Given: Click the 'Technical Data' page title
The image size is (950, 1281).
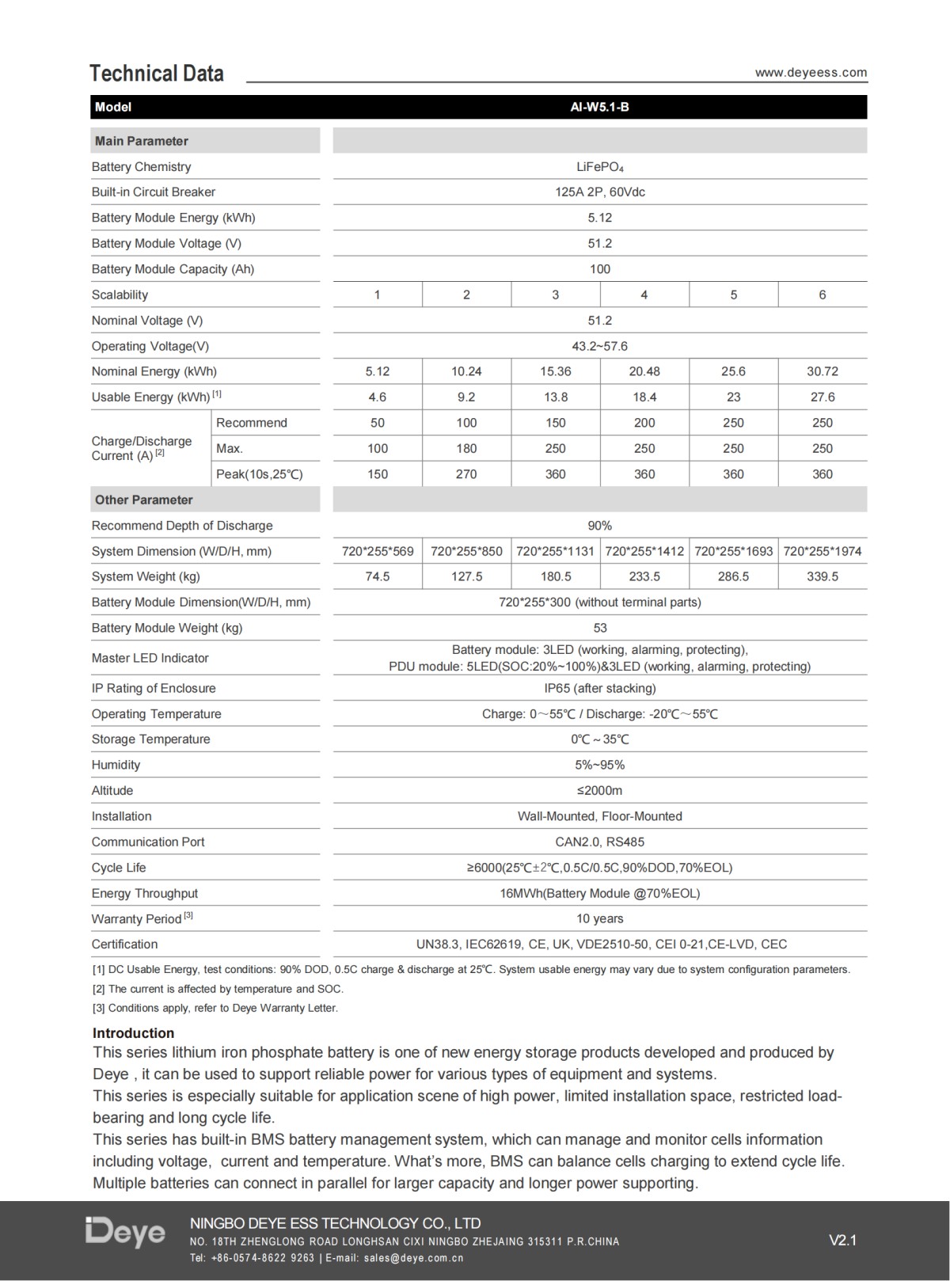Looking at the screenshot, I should click(157, 74).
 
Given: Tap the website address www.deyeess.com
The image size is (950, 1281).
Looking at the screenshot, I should click(811, 73).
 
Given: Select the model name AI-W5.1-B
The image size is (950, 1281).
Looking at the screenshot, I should click(599, 107).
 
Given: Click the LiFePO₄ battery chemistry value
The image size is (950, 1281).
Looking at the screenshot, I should click(599, 167).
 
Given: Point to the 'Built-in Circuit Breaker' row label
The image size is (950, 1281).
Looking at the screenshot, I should click(154, 192).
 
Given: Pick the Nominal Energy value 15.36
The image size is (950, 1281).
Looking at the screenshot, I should click(555, 371).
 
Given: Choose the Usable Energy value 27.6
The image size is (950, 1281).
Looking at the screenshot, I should click(822, 397).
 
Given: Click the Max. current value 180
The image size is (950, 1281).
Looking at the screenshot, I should click(466, 448).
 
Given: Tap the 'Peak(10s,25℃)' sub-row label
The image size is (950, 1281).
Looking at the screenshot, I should click(260, 474).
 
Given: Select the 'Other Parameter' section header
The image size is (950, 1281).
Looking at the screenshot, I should click(144, 500).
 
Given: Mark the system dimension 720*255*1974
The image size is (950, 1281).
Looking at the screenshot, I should click(822, 551).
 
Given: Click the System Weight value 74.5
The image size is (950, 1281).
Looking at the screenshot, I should click(378, 576).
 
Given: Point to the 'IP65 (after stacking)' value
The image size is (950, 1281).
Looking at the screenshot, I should click(599, 688).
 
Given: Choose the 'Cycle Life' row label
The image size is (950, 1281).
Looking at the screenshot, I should click(119, 868).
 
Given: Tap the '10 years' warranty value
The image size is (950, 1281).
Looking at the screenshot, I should click(599, 918).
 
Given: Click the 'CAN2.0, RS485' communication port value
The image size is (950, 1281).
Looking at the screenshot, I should click(599, 842).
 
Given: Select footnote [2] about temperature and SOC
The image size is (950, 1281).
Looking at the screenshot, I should click(218, 989).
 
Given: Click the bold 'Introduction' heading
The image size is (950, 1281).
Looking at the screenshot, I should click(133, 1033).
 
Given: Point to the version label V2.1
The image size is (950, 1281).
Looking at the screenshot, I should click(842, 1241).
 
